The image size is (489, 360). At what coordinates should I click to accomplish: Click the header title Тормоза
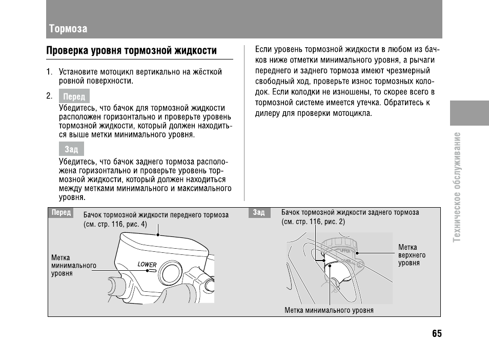coord(68,29)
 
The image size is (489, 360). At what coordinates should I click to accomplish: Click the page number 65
coord(437,333)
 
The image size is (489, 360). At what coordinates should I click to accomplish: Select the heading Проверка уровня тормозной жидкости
coord(131,51)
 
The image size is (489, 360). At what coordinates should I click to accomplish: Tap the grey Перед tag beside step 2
coord(74,96)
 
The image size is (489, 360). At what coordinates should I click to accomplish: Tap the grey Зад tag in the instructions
coord(71,149)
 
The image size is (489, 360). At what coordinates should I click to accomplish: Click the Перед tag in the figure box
coord(61,212)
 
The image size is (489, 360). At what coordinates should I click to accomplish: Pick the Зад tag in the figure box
coord(259,212)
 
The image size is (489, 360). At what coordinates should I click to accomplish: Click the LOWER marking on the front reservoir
coord(147,265)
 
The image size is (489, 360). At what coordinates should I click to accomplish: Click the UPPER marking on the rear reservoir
coord(345,250)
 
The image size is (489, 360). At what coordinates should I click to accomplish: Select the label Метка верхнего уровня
coord(412,255)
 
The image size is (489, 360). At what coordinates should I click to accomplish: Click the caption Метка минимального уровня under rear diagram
coord(329,310)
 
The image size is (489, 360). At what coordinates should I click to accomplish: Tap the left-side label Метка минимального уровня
coord(74,266)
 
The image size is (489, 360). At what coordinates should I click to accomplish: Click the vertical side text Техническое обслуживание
coord(457,187)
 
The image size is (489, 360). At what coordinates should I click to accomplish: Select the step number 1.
coord(49,72)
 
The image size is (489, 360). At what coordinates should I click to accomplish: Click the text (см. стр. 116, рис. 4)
coord(115,224)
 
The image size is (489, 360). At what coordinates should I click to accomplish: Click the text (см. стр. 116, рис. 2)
coord(313,222)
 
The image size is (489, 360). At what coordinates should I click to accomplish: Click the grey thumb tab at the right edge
coord(470,113)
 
